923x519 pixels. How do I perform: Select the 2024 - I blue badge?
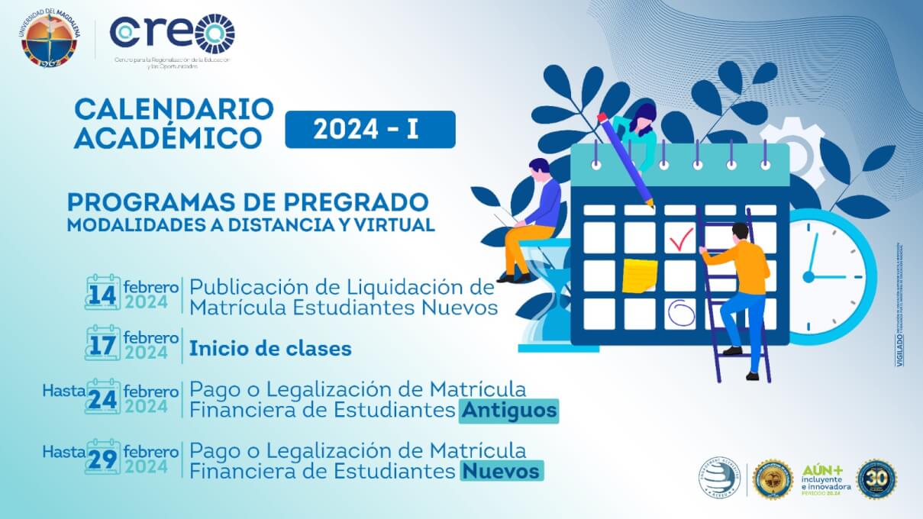coord(370,130)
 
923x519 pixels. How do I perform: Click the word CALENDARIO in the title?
coord(173,109)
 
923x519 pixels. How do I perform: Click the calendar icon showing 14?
coord(102,292)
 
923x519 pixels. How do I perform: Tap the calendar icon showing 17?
coord(102,344)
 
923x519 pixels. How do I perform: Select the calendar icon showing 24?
coord(102,397)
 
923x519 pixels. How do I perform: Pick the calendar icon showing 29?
coord(102,457)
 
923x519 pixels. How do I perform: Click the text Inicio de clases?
coord(270,349)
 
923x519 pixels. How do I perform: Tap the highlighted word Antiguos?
coord(508,411)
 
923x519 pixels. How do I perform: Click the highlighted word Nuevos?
coord(501,471)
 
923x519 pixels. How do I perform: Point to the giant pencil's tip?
coord(651,205)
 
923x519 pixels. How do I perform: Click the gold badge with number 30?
coord(876,479)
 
